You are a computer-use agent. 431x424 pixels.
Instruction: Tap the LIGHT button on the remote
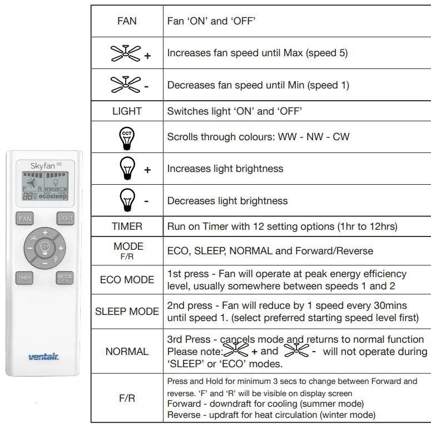[65, 218]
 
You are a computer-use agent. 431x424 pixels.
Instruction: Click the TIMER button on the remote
[24, 278]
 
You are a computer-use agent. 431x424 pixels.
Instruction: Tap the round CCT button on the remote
[45, 247]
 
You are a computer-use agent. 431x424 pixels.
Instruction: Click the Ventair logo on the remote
[44, 357]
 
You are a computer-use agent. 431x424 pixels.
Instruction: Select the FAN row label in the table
[127, 21]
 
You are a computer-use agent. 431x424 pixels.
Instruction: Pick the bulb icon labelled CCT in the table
[127, 136]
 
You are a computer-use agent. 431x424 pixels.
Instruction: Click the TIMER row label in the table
[127, 226]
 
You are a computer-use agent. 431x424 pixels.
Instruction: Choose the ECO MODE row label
[127, 280]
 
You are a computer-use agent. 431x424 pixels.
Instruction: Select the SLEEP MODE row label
[127, 312]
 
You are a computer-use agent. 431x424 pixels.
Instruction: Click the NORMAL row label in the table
[127, 352]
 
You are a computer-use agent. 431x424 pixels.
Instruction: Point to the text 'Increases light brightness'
[225, 169]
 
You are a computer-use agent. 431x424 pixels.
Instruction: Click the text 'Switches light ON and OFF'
[234, 111]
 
